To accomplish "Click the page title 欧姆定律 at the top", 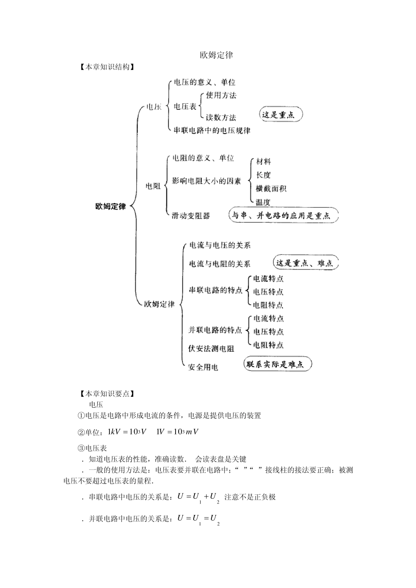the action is [216, 55].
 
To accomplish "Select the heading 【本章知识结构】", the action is [107, 67].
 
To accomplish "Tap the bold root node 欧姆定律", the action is [111, 206].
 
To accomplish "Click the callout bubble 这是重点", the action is [281, 114].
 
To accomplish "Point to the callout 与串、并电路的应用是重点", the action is [284, 215].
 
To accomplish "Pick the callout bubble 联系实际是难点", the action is [278, 364].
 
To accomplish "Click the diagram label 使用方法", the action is [221, 95].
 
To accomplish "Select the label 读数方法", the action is [221, 118].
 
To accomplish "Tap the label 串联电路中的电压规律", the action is [212, 130].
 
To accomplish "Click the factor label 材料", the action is [263, 161].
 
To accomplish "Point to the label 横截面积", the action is [271, 189].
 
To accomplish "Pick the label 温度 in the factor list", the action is [263, 202].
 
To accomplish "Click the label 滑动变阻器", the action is [191, 216].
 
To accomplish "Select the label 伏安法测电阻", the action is [211, 348].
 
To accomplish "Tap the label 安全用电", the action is [203, 367].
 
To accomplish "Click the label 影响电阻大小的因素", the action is [206, 181].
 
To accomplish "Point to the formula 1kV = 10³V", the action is [127, 432].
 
